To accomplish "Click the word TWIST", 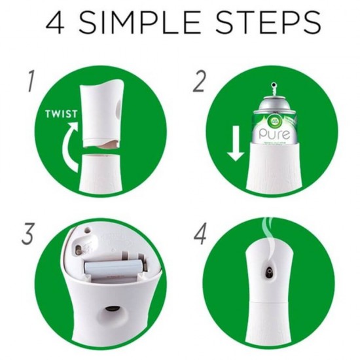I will pos(61,113).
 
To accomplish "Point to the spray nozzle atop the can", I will pos(272,88).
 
